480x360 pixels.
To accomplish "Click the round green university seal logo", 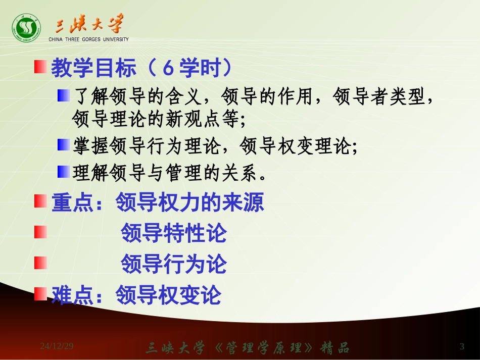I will pos(26,28).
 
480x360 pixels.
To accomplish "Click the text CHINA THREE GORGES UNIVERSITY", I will pos(88,39).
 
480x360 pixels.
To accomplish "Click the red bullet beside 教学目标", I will pos(40,67).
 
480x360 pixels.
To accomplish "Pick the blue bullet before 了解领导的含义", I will pos(63,95).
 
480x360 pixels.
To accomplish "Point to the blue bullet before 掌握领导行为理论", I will pos(63,145).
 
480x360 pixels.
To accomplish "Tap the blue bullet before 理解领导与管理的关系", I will pos(63,172).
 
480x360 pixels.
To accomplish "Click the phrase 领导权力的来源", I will pos(189,203).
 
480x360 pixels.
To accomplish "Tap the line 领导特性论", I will pos(173,233).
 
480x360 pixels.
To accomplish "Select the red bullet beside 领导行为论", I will pos(40,263).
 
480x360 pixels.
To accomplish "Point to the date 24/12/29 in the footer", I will pos(57,346).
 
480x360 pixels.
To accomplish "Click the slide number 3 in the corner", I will pos(462,346).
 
